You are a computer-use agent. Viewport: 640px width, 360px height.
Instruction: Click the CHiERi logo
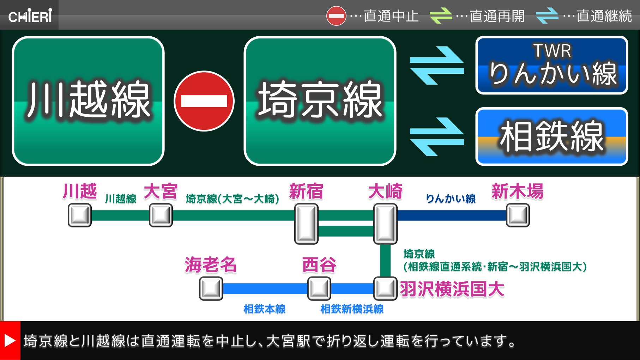[30, 16]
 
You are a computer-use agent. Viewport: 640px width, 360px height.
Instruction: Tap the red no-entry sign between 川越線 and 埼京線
[204, 101]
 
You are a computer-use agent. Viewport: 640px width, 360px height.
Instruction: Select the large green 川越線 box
[88, 101]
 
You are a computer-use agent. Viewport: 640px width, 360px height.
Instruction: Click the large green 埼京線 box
[320, 101]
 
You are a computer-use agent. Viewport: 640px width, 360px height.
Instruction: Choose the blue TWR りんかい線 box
[551, 65]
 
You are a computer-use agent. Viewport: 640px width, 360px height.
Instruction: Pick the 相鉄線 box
[551, 136]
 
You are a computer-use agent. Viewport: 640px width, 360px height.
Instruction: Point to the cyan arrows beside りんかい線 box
[437, 66]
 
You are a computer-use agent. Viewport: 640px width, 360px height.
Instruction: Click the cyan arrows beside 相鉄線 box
[437, 136]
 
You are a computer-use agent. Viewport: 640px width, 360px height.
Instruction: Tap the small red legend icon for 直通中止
[336, 16]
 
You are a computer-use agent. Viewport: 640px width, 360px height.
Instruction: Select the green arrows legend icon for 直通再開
[441, 16]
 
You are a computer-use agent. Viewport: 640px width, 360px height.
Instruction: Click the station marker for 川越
[80, 215]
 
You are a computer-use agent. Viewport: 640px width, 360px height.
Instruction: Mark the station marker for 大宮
[161, 215]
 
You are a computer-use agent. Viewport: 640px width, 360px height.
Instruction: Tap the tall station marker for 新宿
[306, 224]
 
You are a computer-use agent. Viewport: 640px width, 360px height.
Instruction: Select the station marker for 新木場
[518, 215]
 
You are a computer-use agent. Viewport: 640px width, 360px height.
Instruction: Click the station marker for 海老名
[211, 288]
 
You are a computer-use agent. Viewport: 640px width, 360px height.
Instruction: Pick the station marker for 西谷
[319, 288]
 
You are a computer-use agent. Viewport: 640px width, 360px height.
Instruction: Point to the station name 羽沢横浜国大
[452, 289]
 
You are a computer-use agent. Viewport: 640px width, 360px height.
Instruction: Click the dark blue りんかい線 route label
[451, 199]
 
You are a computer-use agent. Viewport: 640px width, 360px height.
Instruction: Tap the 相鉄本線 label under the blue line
[264, 309]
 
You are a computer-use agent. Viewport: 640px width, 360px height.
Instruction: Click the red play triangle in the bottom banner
[10, 341]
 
